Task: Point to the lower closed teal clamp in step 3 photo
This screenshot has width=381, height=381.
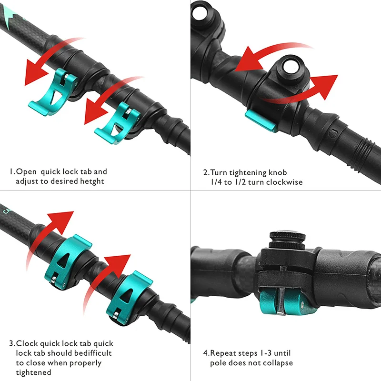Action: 128,295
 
